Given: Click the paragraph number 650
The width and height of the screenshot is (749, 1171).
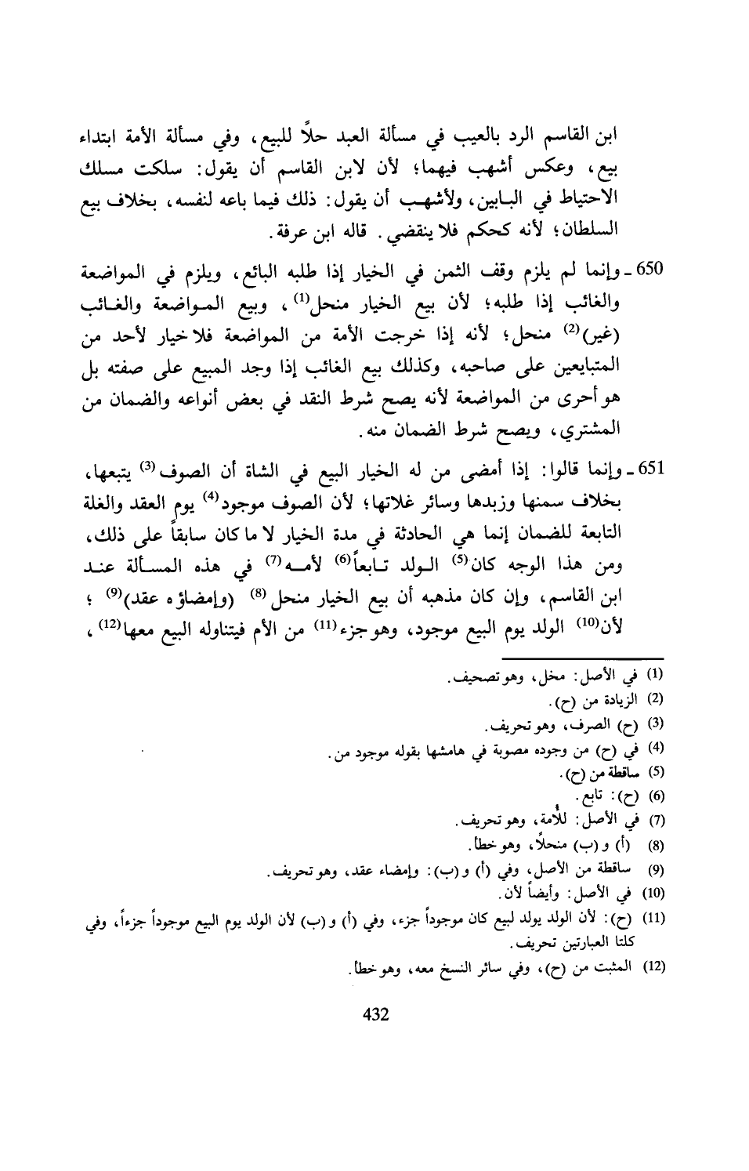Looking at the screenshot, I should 653,272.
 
